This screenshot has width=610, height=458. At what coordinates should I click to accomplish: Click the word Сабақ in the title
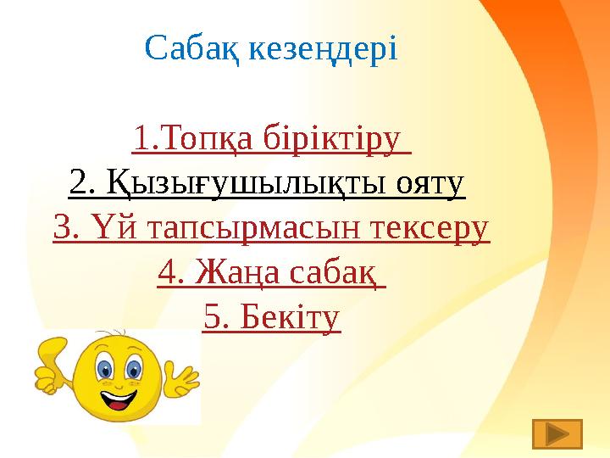coord(192,49)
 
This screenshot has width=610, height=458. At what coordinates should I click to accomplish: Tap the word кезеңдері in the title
coord(323,49)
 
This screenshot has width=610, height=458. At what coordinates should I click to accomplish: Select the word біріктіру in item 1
coord(332,140)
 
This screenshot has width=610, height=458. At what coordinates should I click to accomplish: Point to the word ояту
coord(430,185)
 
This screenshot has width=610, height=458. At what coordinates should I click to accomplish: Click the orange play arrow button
coord(557,433)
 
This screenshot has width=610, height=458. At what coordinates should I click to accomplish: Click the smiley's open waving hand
coord(181,379)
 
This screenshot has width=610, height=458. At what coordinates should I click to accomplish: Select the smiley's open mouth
coord(119,399)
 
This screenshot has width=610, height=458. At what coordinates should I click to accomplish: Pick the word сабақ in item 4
coord(333,273)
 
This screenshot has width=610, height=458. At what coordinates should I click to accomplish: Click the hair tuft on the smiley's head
coord(113,334)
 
